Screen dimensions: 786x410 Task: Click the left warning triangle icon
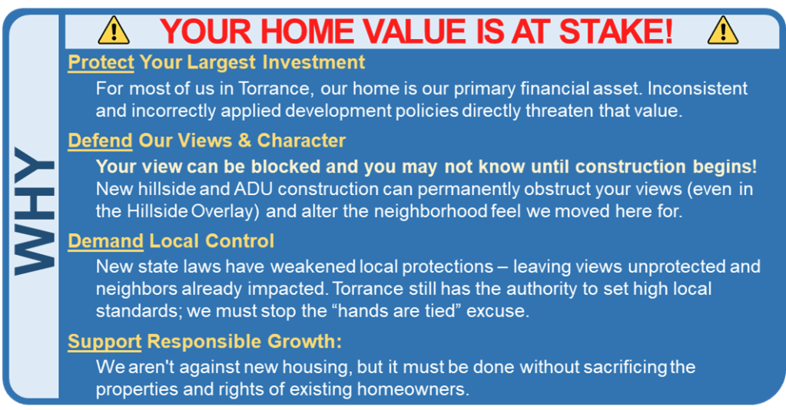(114, 31)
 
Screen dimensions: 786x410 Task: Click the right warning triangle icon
(723, 31)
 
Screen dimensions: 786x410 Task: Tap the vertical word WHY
(34, 211)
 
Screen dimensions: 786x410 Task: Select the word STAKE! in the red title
(615, 31)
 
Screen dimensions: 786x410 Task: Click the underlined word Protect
(101, 62)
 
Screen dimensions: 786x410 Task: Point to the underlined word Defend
(100, 141)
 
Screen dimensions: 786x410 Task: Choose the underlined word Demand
(106, 241)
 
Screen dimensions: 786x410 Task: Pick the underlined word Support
(104, 342)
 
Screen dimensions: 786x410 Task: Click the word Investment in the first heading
(313, 62)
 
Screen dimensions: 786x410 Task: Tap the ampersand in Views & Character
(244, 141)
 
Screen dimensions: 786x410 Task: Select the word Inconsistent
(698, 88)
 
